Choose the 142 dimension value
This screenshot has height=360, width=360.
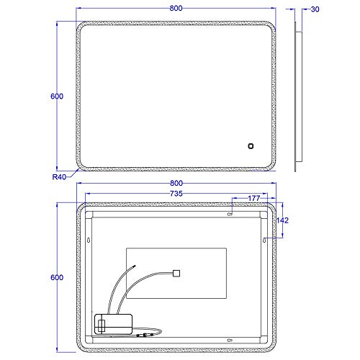[283, 222]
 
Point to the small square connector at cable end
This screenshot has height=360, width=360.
[176, 273]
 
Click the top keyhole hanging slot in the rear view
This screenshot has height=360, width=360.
[231, 213]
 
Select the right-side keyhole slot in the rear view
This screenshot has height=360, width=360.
[264, 240]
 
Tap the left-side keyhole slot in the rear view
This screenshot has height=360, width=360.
[88, 240]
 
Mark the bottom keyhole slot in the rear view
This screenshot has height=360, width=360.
[231, 340]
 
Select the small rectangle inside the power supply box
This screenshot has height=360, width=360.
[102, 324]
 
